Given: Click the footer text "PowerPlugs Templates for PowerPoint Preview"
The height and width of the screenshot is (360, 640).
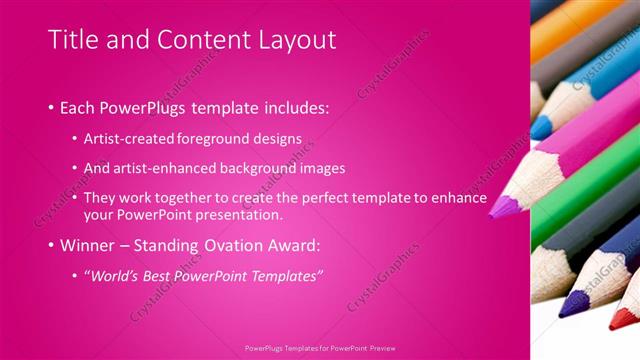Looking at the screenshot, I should pyautogui.click(x=320, y=348).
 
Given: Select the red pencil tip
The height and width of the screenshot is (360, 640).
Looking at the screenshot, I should pyautogui.click(x=626, y=319).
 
